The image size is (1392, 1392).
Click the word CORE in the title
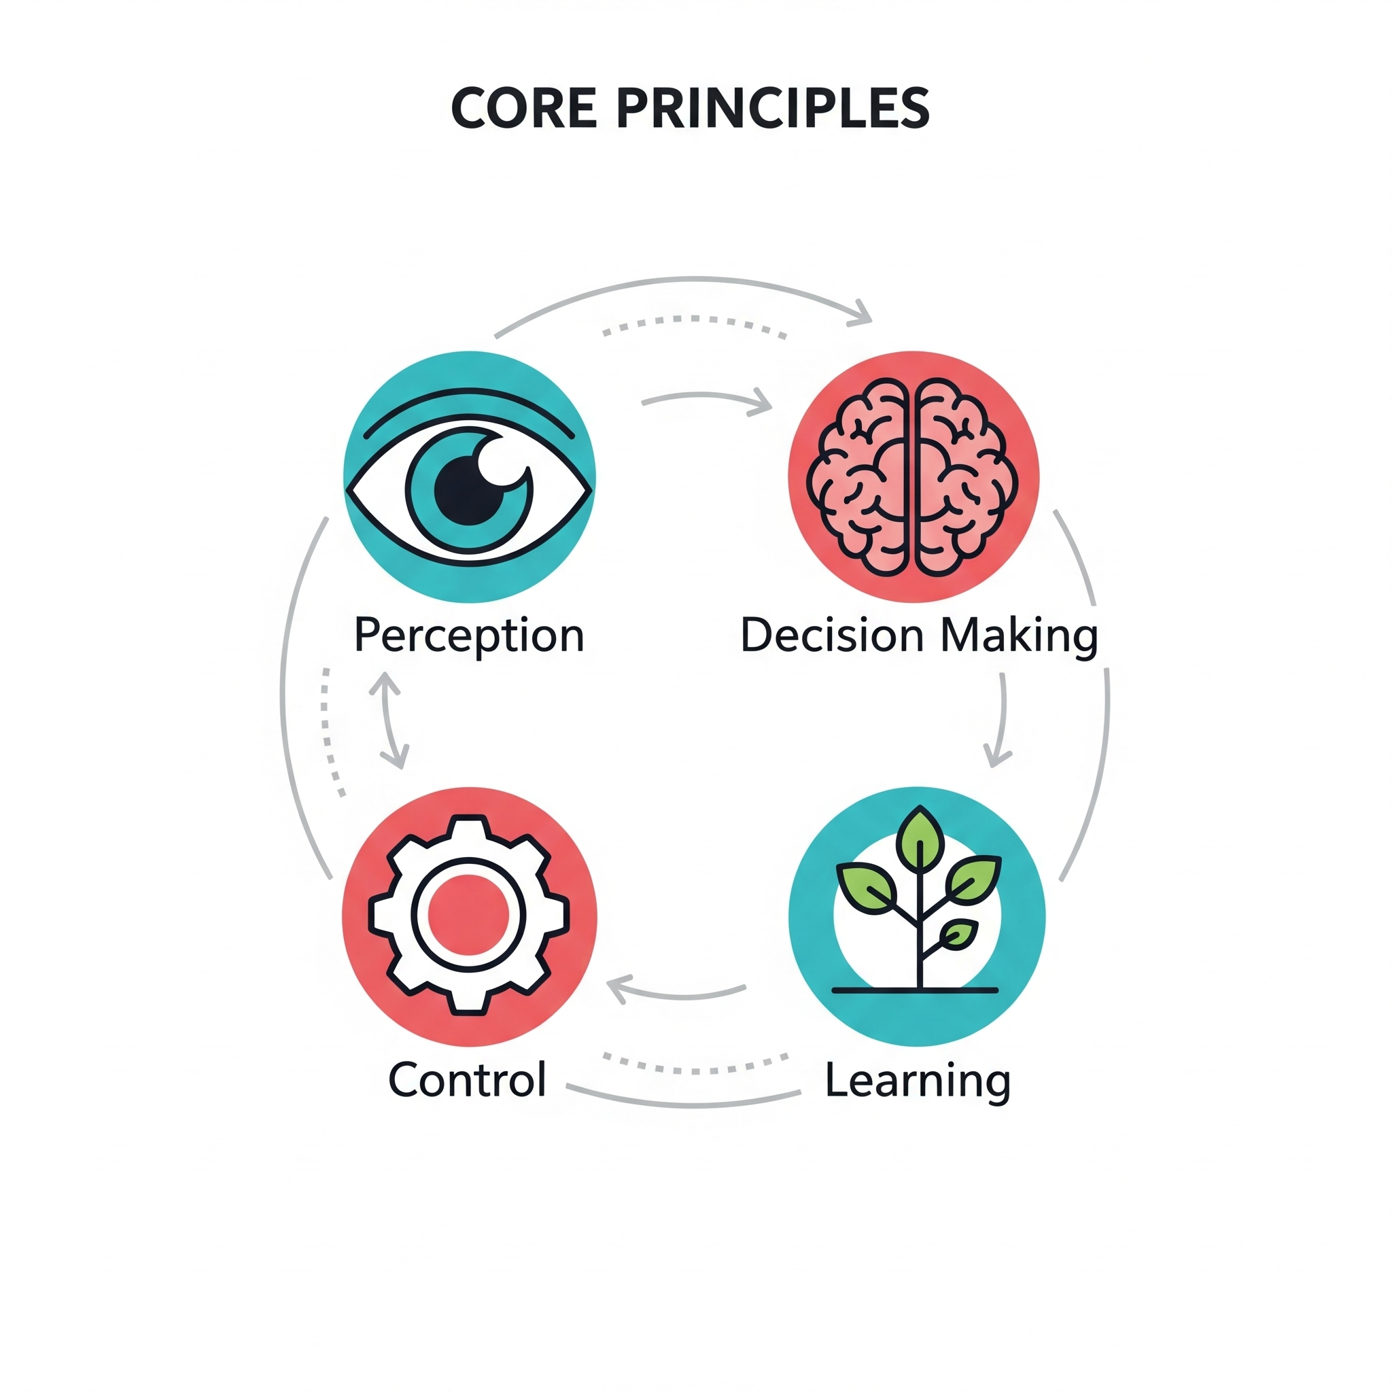point(524,109)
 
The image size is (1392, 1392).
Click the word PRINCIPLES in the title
point(773,109)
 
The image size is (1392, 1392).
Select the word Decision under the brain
point(832,636)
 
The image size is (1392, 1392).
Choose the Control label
point(468,1080)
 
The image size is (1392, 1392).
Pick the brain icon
point(912,478)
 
